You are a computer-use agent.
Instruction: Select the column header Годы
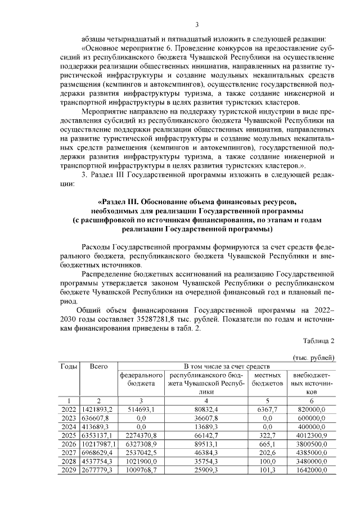(69, 366)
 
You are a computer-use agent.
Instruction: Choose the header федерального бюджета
(141, 379)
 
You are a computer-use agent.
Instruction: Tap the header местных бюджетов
(268, 379)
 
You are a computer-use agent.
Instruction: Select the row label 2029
(69, 469)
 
